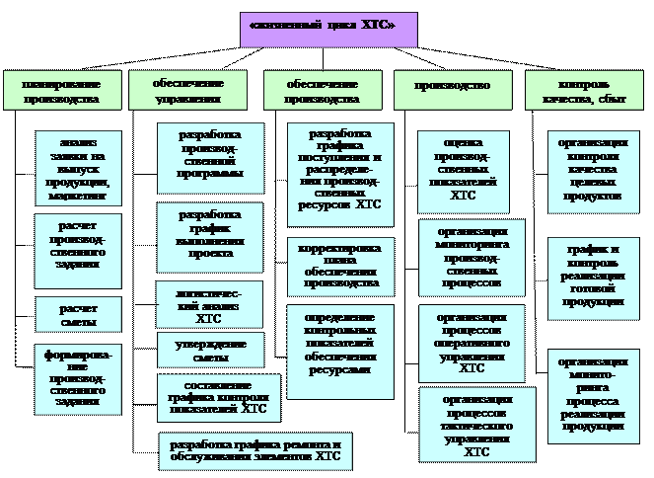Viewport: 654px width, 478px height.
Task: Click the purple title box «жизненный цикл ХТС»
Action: (x=328, y=30)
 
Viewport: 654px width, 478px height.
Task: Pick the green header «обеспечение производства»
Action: (x=322, y=90)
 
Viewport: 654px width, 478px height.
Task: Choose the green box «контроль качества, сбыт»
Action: (x=582, y=90)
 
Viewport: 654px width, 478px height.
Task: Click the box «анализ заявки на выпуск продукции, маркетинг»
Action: (x=78, y=168)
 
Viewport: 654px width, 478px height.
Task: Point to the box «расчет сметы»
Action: (x=78, y=315)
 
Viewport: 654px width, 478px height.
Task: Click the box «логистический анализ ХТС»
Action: (x=209, y=304)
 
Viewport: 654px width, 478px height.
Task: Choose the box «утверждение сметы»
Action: (x=210, y=349)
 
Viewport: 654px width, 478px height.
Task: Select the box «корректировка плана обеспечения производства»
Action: (x=339, y=266)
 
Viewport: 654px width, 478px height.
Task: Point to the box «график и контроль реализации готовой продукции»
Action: (x=593, y=279)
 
